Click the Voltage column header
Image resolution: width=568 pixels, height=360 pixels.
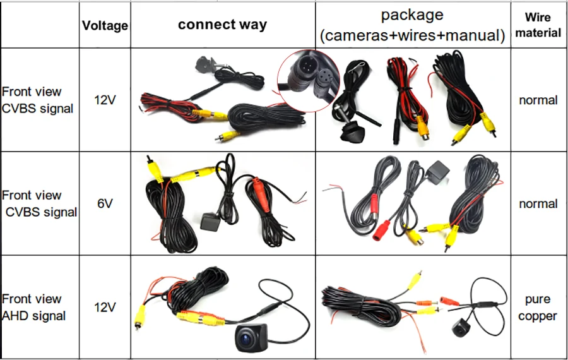pos(105,26)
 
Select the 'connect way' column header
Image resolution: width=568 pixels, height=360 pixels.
pos(222,25)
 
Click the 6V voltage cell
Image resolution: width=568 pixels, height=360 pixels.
pos(105,203)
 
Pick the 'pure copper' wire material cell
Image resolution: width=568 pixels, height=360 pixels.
pos(538,308)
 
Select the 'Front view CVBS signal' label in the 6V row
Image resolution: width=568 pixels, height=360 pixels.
pos(38,203)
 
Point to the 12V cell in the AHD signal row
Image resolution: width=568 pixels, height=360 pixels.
pos(105,308)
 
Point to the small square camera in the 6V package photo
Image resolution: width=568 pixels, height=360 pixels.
pos(435,170)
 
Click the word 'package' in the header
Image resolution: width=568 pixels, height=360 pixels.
pos(412,15)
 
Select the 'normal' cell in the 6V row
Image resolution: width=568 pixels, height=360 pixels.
pos(538,203)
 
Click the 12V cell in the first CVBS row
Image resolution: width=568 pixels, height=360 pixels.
pos(105,100)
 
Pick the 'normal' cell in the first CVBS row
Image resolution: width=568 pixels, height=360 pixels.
pos(538,100)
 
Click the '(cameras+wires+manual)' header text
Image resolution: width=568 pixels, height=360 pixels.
pos(413,35)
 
